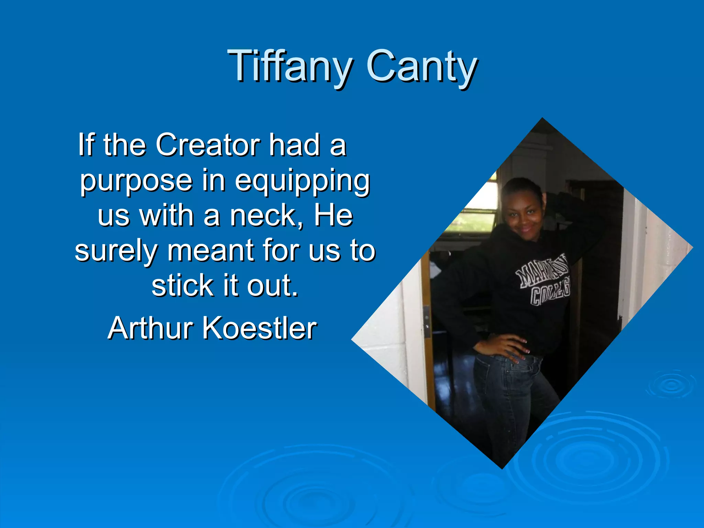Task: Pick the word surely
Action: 116,251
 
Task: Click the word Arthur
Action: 151,328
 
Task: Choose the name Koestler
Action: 259,328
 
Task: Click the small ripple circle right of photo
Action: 671,385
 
